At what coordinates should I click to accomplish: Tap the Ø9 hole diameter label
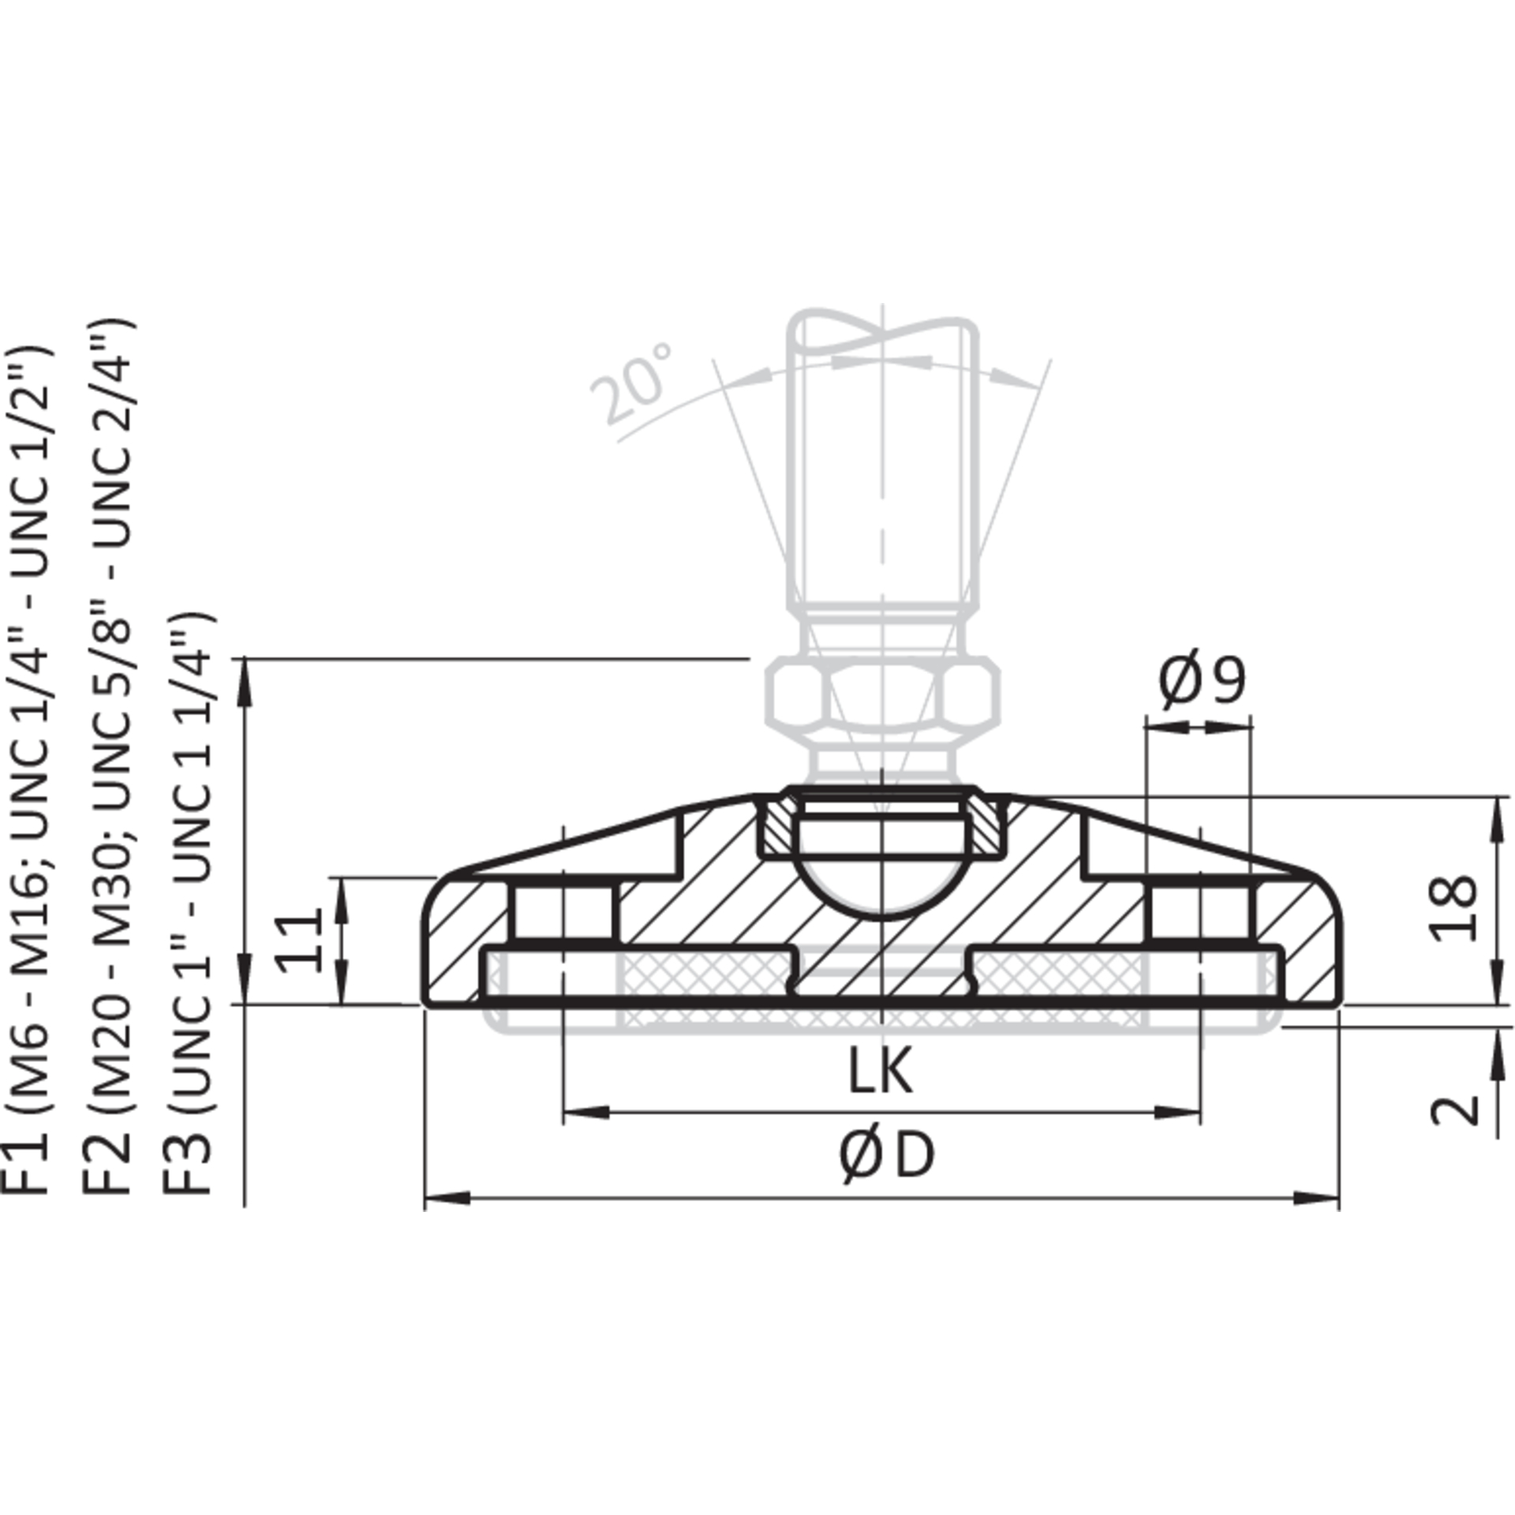tap(1202, 679)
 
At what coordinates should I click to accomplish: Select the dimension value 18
tap(1453, 907)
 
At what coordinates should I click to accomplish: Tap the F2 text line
tap(107, 757)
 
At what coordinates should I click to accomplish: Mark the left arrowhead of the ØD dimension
tap(447, 1220)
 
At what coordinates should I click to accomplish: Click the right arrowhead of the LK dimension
tap(1178, 1113)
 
